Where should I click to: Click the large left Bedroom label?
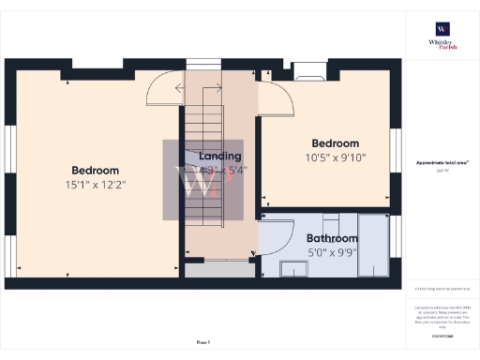point(95,170)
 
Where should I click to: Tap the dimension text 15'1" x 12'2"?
point(95,185)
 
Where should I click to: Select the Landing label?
point(220,156)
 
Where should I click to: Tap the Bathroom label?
point(332,239)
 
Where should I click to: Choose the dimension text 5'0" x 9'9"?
point(332,253)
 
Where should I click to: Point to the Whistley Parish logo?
point(442,39)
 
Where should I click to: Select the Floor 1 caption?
point(202,342)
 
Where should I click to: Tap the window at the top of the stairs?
point(202,64)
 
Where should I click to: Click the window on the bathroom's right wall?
point(396,245)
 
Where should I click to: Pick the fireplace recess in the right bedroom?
point(308,68)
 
